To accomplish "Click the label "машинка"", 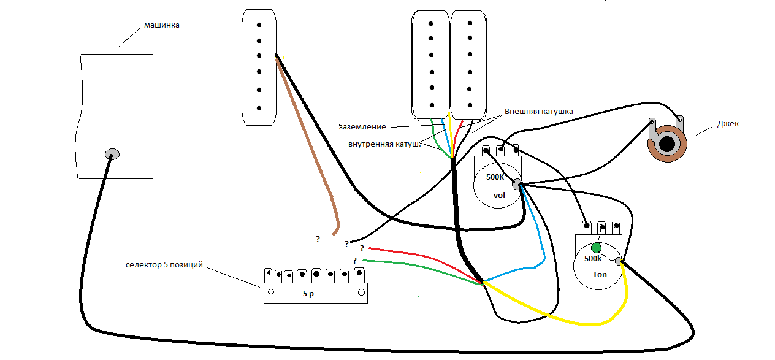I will pos(161,25).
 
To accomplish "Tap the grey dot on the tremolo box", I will pos(112,153).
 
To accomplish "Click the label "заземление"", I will pos(362,127).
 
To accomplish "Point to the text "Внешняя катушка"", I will pos(538,112).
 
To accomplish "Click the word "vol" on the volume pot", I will pos(500,196).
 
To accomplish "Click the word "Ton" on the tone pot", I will pos(600,274).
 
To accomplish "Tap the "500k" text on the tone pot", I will pos(593,259).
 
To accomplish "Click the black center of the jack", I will pos(667,144).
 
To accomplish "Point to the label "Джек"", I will pos(728,124).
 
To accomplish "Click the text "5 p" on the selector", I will pos(308,294).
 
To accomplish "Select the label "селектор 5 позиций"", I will pos(164,266).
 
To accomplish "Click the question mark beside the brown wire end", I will pos(318,239).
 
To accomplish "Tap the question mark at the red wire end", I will pos(362,248).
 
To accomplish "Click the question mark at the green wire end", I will pos(354,260).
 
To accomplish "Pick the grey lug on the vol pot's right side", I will pos(517,184).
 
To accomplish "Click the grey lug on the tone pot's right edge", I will pos(619,262).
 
